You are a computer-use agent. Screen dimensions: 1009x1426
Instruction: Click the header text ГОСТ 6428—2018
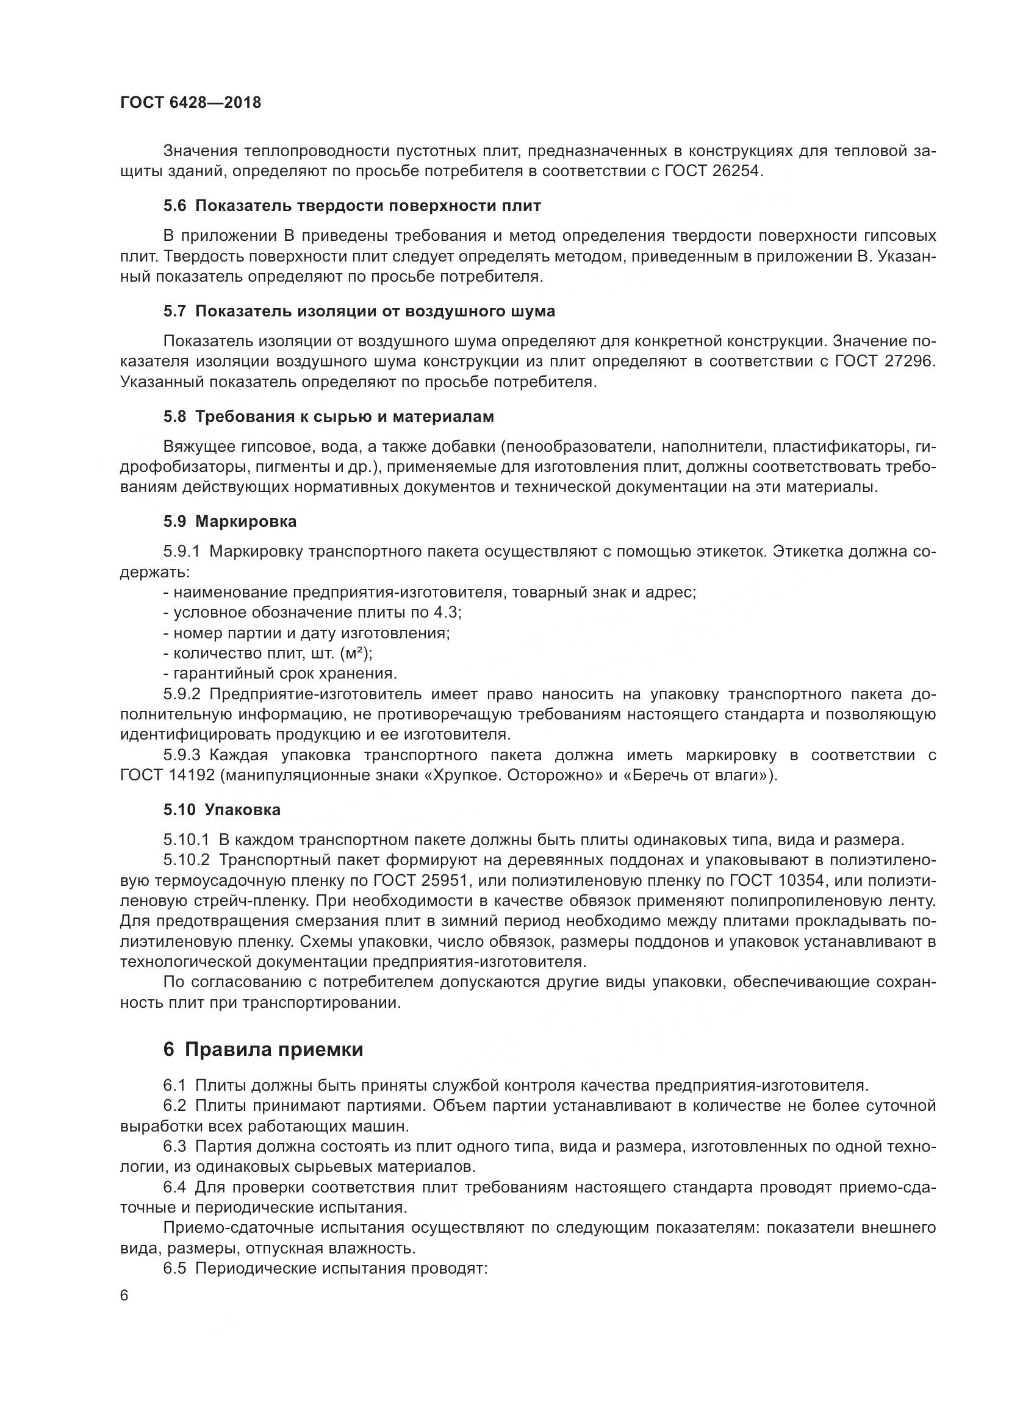coord(190,103)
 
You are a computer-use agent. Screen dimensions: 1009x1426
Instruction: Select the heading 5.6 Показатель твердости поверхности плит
coord(351,206)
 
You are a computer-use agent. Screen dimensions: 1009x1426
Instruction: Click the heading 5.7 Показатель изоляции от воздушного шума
coord(359,311)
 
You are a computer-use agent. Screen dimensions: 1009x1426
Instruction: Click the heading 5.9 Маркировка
coord(230,522)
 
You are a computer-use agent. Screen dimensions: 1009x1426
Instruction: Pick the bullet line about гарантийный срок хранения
coord(280,673)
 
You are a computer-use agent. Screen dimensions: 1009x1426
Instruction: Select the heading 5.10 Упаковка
coord(222,810)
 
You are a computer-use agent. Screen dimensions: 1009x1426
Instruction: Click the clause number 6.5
coord(174,1269)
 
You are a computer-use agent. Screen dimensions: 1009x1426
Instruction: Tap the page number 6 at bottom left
coord(124,1314)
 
